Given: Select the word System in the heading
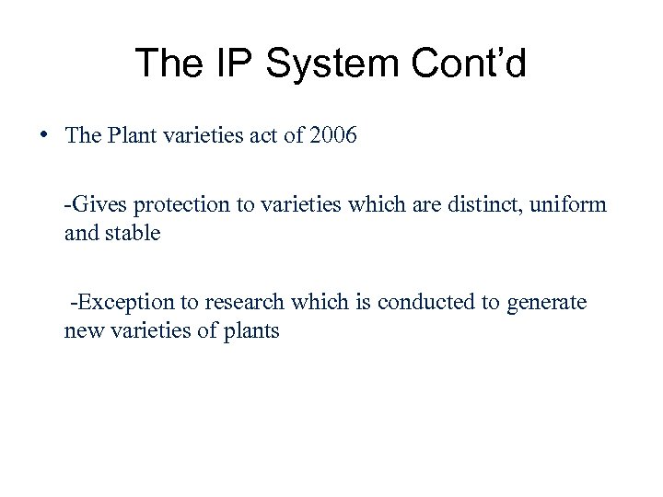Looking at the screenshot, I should coord(328,64).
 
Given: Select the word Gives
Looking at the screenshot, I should coord(94,203).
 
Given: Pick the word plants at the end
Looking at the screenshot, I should coord(250,330).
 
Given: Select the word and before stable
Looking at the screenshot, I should coord(79,233).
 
